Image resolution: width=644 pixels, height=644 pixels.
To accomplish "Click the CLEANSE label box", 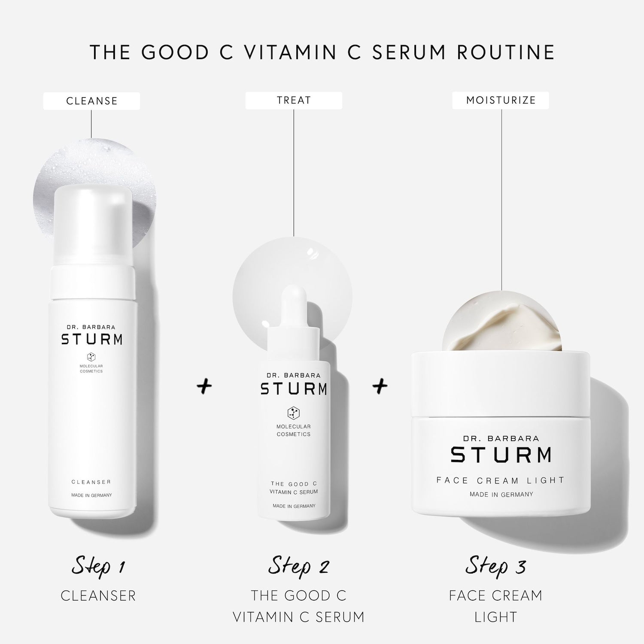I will [x=91, y=101].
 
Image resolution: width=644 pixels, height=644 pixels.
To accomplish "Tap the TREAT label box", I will [x=294, y=100].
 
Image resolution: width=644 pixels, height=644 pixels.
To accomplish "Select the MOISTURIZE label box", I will [x=501, y=100].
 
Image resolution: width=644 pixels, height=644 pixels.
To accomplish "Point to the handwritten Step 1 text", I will [x=98, y=566].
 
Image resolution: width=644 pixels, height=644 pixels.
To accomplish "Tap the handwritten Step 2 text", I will [x=298, y=566].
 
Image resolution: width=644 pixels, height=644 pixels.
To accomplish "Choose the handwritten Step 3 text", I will [x=495, y=566].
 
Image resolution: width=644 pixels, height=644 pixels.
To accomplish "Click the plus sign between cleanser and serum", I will [x=204, y=386].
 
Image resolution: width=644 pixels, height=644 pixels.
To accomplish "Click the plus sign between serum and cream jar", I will [x=380, y=386].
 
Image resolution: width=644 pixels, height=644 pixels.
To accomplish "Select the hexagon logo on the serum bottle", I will [x=294, y=413].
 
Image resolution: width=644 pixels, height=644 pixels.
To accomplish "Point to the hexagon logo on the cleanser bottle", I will [x=91, y=356].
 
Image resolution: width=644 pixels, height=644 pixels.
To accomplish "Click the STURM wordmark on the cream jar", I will [x=501, y=455].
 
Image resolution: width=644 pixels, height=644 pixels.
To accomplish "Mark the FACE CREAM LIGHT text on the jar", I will [x=500, y=480].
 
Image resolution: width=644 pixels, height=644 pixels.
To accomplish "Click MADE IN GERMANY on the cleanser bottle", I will [x=91, y=495].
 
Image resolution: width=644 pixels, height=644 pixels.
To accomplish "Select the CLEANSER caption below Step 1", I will [x=98, y=595].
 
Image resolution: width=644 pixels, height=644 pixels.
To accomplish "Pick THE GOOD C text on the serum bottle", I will [x=294, y=484].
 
